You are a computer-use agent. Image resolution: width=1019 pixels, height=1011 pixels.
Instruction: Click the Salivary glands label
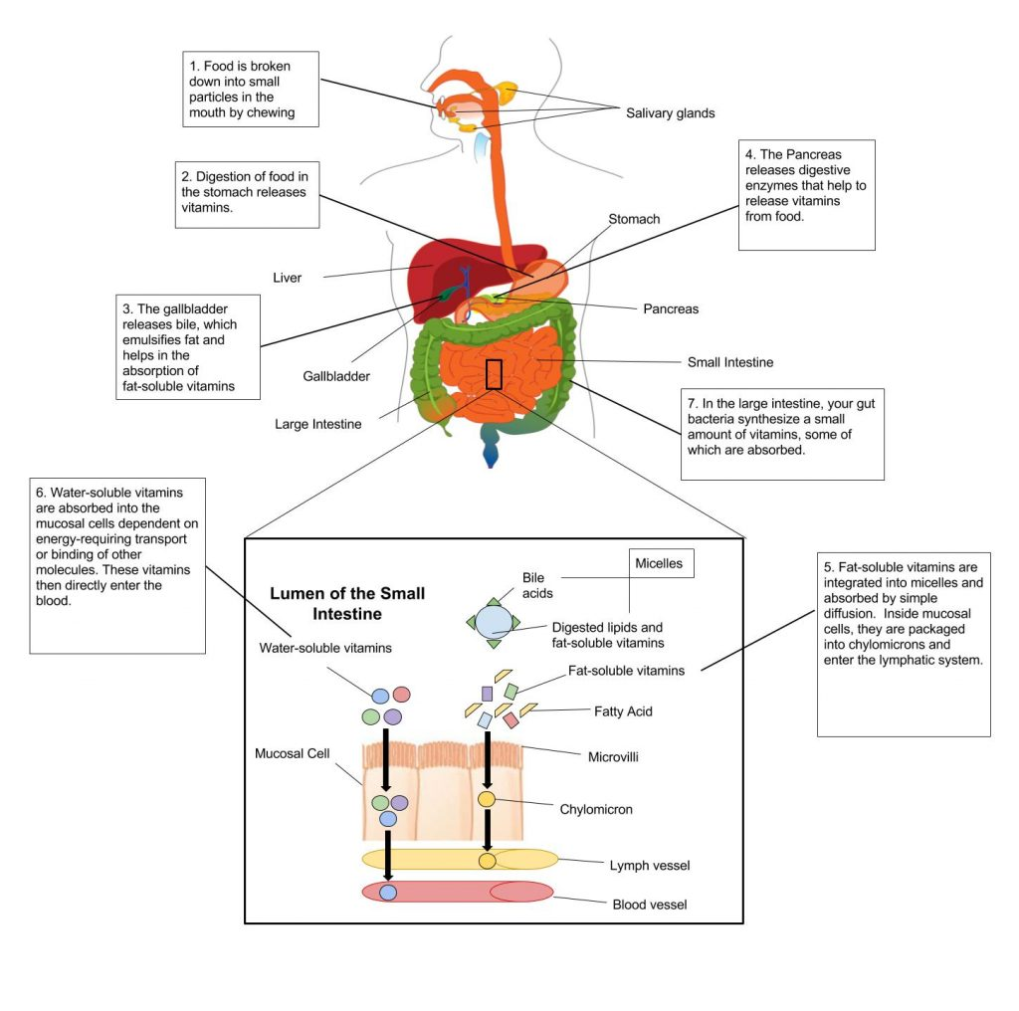pos(670,112)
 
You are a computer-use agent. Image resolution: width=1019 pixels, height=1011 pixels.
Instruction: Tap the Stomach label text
pos(634,219)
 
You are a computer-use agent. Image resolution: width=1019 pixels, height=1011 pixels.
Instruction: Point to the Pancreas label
pos(670,308)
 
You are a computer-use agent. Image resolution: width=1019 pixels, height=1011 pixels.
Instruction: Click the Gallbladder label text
pos(336,376)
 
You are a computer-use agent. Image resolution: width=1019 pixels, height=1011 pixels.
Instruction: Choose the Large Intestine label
pos(317,424)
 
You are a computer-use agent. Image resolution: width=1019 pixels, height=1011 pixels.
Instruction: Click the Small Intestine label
pos(729,362)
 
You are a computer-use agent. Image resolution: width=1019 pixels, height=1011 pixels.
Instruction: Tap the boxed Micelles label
pos(659,563)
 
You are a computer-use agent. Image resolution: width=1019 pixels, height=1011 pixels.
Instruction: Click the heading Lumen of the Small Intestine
pos(347,603)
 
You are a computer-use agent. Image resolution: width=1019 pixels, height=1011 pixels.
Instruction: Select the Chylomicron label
pos(596,809)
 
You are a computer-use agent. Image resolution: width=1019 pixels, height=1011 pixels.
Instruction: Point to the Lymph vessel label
pos(649,865)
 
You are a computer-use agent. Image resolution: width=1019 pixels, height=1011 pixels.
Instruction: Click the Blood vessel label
pos(649,905)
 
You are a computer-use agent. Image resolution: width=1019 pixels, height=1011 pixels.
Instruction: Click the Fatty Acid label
pos(623,711)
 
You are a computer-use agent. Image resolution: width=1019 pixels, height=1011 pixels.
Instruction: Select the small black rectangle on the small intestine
pos(494,373)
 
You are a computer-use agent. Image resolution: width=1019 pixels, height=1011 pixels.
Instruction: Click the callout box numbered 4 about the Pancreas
pos(807,195)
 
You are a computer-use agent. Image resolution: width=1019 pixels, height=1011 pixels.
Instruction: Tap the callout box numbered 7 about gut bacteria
pos(782,434)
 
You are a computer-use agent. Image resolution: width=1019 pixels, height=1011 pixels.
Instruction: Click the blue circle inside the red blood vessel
pos(388,893)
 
